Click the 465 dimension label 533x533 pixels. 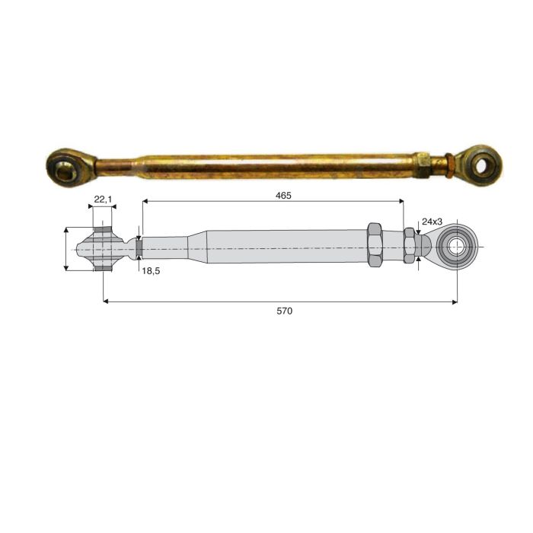(283, 196)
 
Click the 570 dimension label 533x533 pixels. (284, 311)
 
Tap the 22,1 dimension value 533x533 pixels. (103, 199)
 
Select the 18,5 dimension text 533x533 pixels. (151, 271)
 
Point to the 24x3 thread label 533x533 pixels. (432, 222)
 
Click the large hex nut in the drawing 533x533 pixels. (375, 244)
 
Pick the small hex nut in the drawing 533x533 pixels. (410, 245)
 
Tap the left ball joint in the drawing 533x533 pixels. (101, 249)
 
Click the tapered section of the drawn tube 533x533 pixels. (197, 247)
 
